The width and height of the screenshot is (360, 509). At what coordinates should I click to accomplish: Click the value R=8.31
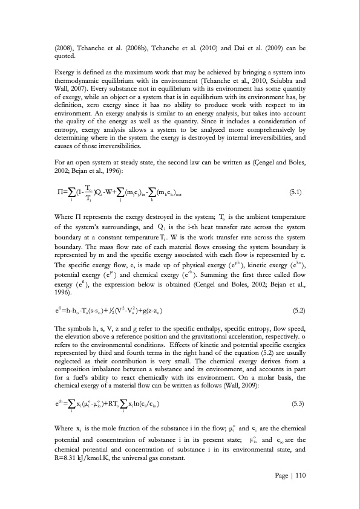point(65,458)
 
